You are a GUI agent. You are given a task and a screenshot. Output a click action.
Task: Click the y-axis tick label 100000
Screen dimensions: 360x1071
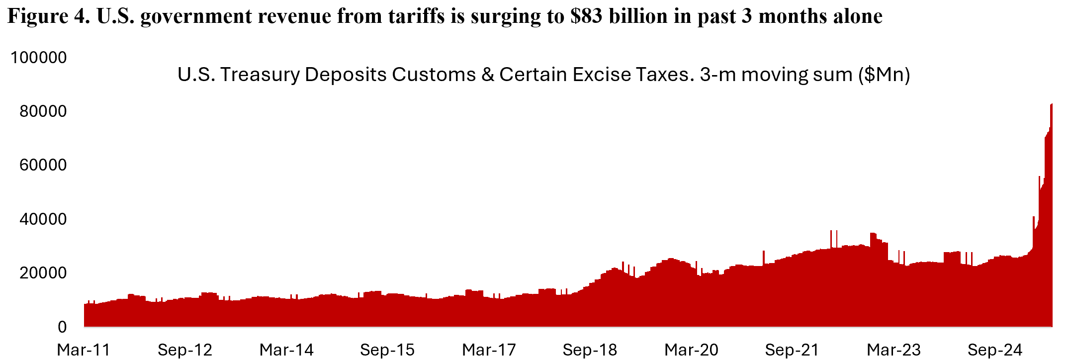click(x=39, y=58)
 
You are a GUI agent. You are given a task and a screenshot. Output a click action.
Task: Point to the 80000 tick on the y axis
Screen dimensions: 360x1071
click(x=43, y=111)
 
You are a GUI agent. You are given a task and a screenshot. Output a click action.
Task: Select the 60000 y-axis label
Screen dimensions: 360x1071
click(x=43, y=165)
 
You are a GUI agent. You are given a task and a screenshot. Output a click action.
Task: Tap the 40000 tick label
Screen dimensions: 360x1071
click(x=43, y=219)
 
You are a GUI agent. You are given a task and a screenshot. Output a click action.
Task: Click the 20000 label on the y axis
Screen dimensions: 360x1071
click(x=43, y=273)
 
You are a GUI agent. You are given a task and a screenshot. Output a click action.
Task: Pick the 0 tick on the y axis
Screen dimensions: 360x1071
click(x=62, y=327)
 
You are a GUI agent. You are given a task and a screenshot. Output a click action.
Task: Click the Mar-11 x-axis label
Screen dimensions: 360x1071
click(x=84, y=350)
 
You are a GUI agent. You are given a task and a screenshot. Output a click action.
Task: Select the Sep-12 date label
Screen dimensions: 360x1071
click(x=185, y=350)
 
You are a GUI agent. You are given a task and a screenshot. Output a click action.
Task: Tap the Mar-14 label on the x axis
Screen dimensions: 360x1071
click(x=286, y=350)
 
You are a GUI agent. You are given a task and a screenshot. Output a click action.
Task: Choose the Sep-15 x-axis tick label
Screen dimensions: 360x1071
click(x=387, y=350)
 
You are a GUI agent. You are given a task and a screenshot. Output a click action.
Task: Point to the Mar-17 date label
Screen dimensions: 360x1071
click(x=489, y=350)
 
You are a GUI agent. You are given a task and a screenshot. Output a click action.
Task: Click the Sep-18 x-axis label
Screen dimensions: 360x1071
click(x=590, y=350)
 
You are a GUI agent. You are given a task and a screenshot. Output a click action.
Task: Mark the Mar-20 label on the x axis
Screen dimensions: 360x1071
click(x=691, y=350)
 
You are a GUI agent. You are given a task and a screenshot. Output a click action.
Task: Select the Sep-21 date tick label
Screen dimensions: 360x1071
click(x=792, y=350)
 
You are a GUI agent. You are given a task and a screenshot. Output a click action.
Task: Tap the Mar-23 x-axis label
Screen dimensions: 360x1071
click(x=893, y=350)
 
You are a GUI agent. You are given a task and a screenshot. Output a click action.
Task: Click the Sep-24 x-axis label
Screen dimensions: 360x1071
click(x=994, y=350)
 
